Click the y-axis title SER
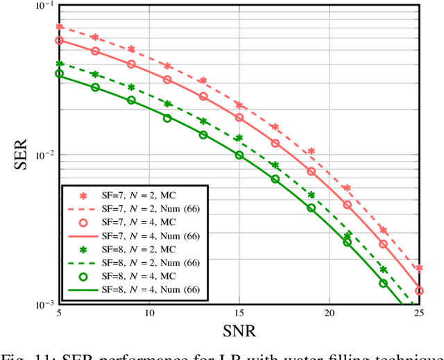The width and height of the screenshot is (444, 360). point(19,155)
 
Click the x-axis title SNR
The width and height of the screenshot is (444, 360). point(239,332)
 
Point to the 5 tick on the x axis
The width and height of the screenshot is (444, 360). point(59,314)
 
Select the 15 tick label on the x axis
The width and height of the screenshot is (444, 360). point(239,314)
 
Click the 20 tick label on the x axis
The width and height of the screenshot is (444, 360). point(329,314)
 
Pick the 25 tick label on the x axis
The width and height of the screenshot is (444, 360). point(418,314)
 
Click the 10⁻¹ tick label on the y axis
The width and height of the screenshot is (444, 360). point(42,6)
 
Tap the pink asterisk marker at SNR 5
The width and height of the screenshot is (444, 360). point(59,27)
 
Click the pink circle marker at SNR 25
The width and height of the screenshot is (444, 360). point(419,291)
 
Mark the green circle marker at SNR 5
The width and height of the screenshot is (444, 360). point(59,74)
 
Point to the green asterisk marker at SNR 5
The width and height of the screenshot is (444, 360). point(59,64)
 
